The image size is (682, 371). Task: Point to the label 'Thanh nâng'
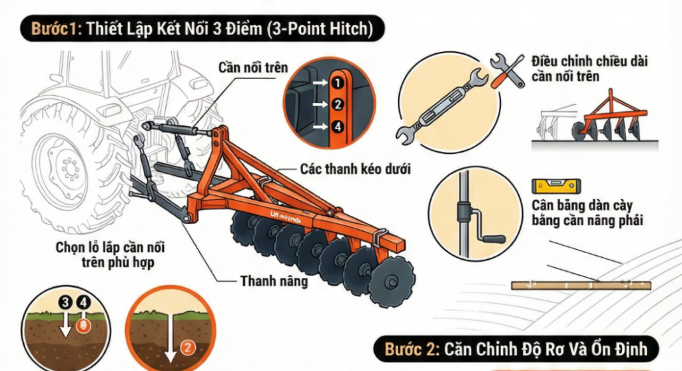pos(274,281)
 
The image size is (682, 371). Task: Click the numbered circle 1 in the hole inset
pos(337,83)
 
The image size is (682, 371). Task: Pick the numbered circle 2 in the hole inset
pos(337,104)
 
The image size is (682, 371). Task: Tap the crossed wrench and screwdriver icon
pos(507,69)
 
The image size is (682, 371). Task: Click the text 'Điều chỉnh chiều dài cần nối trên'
pos(589,69)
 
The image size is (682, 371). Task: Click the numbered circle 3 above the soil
pos(66,303)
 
